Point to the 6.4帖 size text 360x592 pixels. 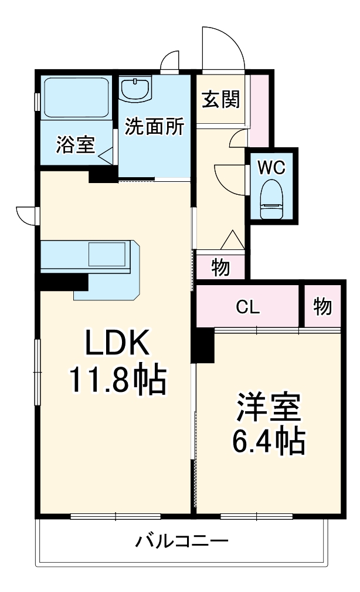point(269,442)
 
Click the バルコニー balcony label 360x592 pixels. point(182,540)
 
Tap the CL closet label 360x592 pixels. point(248,306)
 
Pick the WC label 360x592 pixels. point(272,167)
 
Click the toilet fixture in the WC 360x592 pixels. point(271,199)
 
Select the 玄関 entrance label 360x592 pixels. point(221,100)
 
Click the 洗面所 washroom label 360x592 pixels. point(155,127)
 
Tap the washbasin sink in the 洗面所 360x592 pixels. point(137,89)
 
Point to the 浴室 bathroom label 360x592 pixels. point(76,145)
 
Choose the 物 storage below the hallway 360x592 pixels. point(220,268)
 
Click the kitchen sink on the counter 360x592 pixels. point(107,255)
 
